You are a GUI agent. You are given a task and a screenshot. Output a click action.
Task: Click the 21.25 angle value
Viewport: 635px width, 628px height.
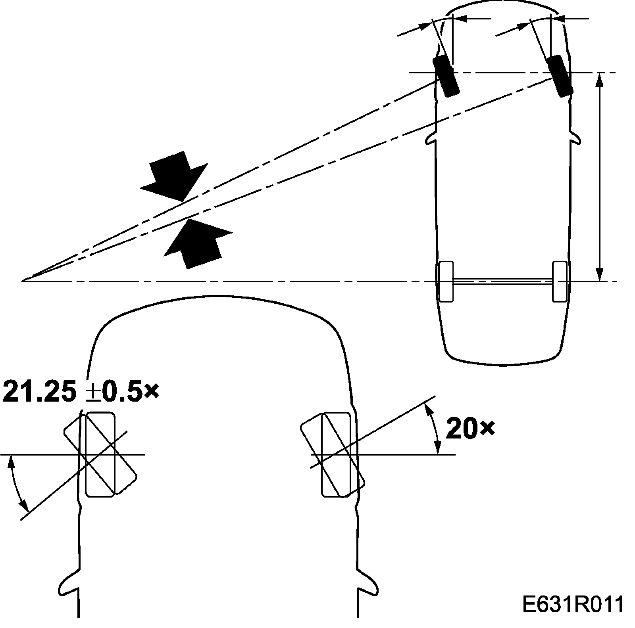point(40,391)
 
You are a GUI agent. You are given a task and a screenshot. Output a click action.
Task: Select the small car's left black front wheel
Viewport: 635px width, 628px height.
point(446,77)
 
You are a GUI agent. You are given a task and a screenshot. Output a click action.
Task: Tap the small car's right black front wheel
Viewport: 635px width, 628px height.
point(560,77)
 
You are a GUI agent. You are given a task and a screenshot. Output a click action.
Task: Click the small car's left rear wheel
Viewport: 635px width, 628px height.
point(446,281)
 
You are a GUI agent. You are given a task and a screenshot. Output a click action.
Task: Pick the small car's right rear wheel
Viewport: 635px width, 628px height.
point(560,281)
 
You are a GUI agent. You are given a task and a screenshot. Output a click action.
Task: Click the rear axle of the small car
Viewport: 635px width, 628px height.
point(503,281)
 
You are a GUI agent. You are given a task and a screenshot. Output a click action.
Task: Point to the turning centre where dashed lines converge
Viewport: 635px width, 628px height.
point(23,280)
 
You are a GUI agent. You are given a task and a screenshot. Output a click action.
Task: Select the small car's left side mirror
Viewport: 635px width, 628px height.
point(430,138)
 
